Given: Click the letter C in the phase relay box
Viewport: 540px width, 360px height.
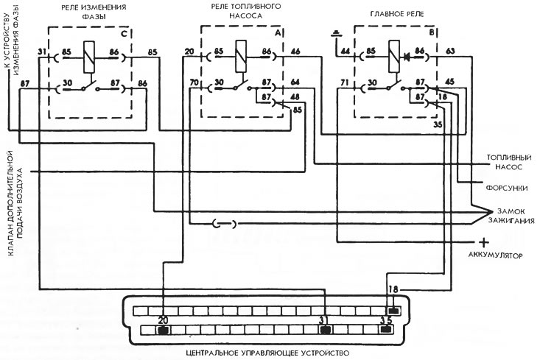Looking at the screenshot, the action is tap(124, 33).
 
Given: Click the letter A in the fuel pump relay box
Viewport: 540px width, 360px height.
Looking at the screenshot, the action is tap(278, 32).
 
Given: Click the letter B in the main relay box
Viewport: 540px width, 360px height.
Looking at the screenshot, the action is tap(431, 32).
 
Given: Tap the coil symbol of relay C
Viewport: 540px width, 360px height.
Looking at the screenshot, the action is tap(89, 57).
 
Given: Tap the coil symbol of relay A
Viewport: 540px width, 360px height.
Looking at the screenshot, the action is tap(241, 56).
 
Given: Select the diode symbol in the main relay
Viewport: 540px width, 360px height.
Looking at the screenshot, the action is tap(408, 56).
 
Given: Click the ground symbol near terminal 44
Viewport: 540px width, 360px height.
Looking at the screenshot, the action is tap(336, 34).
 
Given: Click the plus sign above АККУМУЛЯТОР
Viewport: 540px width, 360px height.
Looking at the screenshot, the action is tap(484, 242).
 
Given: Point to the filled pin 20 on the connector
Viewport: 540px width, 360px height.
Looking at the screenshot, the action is tap(164, 331).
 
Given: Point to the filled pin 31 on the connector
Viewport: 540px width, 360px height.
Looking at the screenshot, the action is tap(325, 331).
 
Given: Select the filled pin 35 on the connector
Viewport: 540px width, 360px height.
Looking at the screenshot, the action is tap(386, 329).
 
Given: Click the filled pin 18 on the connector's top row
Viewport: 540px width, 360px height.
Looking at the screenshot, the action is tap(393, 311).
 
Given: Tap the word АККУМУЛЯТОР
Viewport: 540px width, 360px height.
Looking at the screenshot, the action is tap(495, 255).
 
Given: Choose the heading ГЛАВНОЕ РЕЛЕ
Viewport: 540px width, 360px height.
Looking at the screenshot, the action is tap(397, 14).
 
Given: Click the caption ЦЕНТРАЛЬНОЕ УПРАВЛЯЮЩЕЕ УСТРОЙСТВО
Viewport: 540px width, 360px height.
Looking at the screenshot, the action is tap(267, 353).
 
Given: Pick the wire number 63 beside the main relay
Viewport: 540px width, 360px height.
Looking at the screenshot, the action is tap(450, 52).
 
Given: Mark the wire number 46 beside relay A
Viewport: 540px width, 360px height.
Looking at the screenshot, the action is tap(295, 52).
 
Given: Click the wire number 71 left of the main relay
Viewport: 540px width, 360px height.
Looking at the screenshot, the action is tap(345, 82).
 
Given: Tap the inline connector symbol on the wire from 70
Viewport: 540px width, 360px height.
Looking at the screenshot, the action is tap(225, 225).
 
